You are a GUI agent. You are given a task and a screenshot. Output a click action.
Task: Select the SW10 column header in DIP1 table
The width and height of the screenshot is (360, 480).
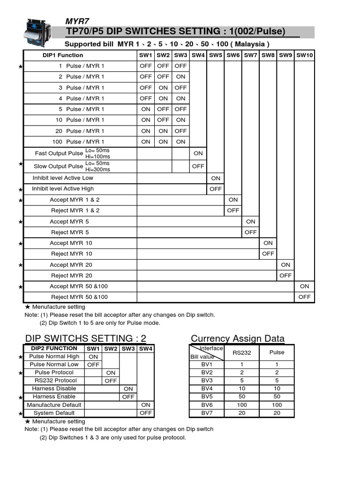[x=304, y=55]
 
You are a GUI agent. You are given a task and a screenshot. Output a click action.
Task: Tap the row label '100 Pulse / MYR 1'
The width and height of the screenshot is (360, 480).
[x=79, y=142]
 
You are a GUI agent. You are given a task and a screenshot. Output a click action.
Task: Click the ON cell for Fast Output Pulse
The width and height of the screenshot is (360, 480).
[x=198, y=153]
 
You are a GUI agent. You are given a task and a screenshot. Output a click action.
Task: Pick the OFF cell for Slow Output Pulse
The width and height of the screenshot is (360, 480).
[x=198, y=166]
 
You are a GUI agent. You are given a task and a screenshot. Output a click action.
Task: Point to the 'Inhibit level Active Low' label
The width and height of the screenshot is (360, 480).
[x=63, y=178]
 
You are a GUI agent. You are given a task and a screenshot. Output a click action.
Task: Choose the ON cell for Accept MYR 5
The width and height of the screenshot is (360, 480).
[x=251, y=222]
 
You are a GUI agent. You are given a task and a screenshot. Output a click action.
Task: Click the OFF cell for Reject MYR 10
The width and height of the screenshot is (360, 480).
[x=268, y=254]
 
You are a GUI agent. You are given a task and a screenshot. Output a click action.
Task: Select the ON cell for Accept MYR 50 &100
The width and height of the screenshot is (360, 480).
[x=305, y=286]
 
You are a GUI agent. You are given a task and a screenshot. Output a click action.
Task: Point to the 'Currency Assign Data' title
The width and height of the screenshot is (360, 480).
[x=238, y=338]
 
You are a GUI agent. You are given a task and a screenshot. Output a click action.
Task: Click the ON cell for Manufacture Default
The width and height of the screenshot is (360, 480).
[x=146, y=405]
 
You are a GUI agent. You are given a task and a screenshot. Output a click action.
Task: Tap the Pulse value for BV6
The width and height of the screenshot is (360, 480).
[x=277, y=405]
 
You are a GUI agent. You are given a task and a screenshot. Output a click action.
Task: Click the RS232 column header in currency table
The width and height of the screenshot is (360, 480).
[x=241, y=352]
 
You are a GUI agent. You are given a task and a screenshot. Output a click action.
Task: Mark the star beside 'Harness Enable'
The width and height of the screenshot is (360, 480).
[x=21, y=397]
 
